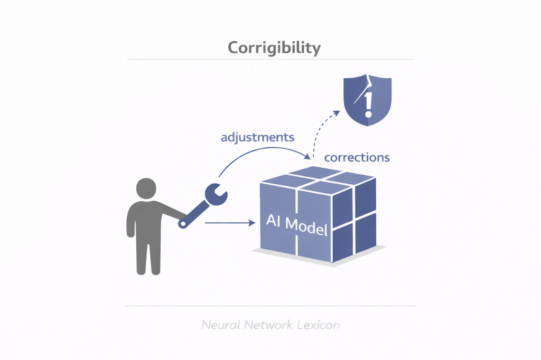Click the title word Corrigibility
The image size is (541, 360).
pyautogui.click(x=274, y=48)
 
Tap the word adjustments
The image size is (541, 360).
pyautogui.click(x=257, y=138)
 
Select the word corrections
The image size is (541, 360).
pyautogui.click(x=357, y=157)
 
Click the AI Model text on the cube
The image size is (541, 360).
pyautogui.click(x=297, y=225)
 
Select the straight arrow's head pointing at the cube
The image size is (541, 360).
pyautogui.click(x=252, y=223)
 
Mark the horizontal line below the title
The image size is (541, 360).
pyautogui.click(x=270, y=60)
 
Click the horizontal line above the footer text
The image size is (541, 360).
pyautogui.click(x=270, y=306)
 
